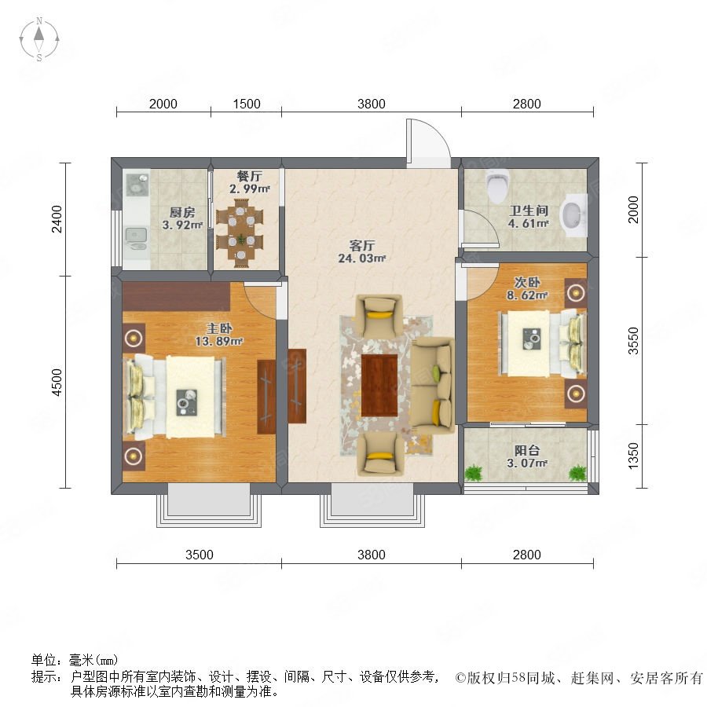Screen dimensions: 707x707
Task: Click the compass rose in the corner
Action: click(x=39, y=39)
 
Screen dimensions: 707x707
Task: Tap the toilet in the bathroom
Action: click(x=498, y=185)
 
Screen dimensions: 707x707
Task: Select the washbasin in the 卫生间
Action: click(x=573, y=215)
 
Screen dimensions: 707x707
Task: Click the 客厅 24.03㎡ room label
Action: click(x=361, y=251)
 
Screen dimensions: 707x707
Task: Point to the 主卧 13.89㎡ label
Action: click(x=219, y=335)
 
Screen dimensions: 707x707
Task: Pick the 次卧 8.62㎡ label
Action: click(x=527, y=288)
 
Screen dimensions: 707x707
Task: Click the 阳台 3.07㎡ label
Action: click(x=527, y=456)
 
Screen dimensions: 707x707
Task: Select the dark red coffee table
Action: click(x=379, y=385)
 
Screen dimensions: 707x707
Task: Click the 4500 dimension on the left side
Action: click(x=57, y=382)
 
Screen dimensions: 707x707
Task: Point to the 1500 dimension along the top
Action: click(x=247, y=104)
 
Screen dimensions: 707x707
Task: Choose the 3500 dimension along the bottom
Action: click(x=200, y=554)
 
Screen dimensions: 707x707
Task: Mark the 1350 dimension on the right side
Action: click(x=633, y=456)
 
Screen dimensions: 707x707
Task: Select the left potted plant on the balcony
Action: click(x=474, y=473)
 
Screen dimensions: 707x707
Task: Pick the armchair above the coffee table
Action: click(x=379, y=316)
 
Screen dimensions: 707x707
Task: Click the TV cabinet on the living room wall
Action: click(x=297, y=386)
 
